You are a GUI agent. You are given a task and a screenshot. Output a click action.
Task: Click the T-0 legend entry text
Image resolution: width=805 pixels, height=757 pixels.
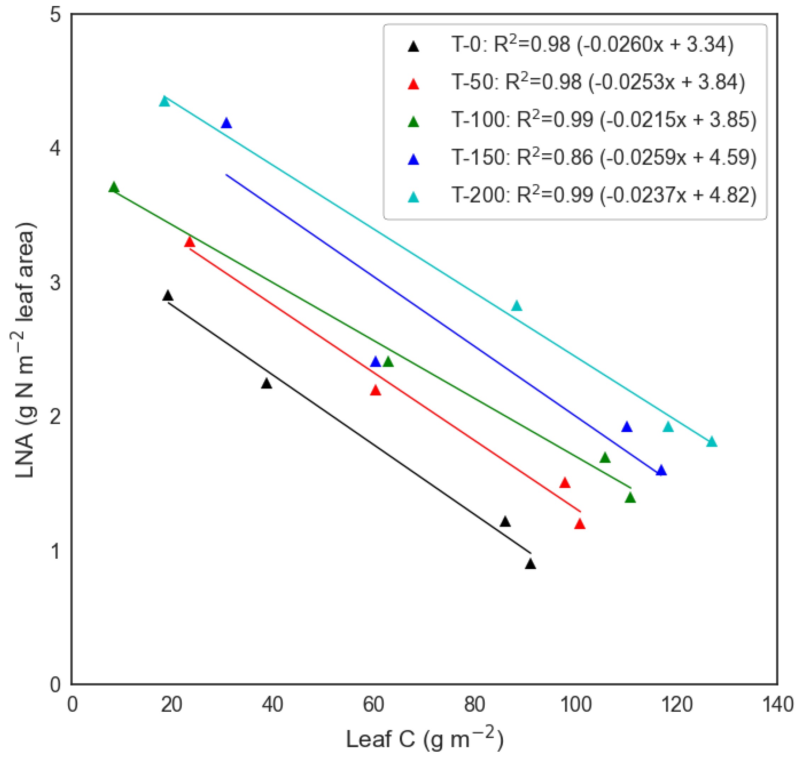tap(592, 45)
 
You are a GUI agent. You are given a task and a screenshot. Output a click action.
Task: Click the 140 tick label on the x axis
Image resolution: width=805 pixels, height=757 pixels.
tap(777, 705)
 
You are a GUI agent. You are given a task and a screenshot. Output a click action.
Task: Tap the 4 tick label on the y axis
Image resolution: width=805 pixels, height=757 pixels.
tap(55, 149)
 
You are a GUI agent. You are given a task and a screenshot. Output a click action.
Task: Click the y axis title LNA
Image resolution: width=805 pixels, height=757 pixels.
tap(25, 350)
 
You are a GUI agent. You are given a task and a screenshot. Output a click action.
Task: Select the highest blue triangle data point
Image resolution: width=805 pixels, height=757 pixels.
tap(226, 123)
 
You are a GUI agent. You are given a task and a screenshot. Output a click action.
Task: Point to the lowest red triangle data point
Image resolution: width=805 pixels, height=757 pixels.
tap(580, 524)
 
